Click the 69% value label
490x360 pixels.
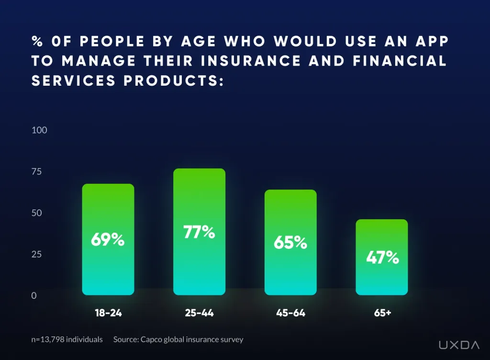pos(108,239)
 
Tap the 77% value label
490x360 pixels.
pos(199,232)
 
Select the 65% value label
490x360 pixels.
pos(290,242)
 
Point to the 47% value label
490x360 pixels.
pos(382,258)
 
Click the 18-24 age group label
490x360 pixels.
pos(108,314)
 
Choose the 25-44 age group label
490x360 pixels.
pos(199,314)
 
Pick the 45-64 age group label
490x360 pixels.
pos(290,314)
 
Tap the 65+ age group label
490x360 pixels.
pos(382,314)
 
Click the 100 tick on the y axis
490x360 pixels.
pos(39,130)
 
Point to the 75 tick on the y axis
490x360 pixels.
pos(37,172)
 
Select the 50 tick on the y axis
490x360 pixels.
pos(37,213)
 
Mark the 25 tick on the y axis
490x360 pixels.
pos(37,254)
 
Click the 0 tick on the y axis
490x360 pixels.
pos(34,296)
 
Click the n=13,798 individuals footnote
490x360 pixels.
pos(67,339)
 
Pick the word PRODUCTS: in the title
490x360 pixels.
pos(174,81)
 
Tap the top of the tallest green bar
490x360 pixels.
pos(199,170)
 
